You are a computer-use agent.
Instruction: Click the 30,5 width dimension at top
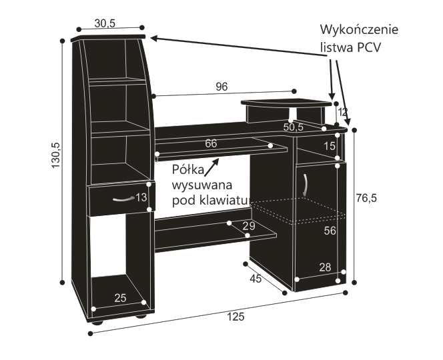point(105,24)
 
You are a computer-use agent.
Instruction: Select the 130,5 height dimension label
point(55,155)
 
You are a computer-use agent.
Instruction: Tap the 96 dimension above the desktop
point(221,87)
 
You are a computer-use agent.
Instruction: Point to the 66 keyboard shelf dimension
point(211,143)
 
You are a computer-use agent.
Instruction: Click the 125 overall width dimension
point(236,317)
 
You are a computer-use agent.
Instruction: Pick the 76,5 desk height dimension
point(366,198)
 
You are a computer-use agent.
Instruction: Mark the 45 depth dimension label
point(256,279)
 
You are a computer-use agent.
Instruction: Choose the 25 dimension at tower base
point(120,298)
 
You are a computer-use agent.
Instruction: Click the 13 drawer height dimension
point(141,197)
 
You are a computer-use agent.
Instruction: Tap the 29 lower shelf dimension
point(249,226)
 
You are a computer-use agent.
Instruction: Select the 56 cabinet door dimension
point(330,231)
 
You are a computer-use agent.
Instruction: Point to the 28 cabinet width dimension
point(325,267)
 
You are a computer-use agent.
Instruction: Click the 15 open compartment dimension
point(330,146)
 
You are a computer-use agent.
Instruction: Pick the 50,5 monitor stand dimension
point(294,127)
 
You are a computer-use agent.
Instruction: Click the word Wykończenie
point(359,29)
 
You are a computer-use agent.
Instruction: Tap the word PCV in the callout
point(369,47)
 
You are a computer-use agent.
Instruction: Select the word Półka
point(188,170)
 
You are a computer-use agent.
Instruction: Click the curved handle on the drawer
point(123,199)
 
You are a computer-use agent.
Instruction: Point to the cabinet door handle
point(306,185)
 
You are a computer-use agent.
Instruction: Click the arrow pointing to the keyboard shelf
point(211,167)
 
